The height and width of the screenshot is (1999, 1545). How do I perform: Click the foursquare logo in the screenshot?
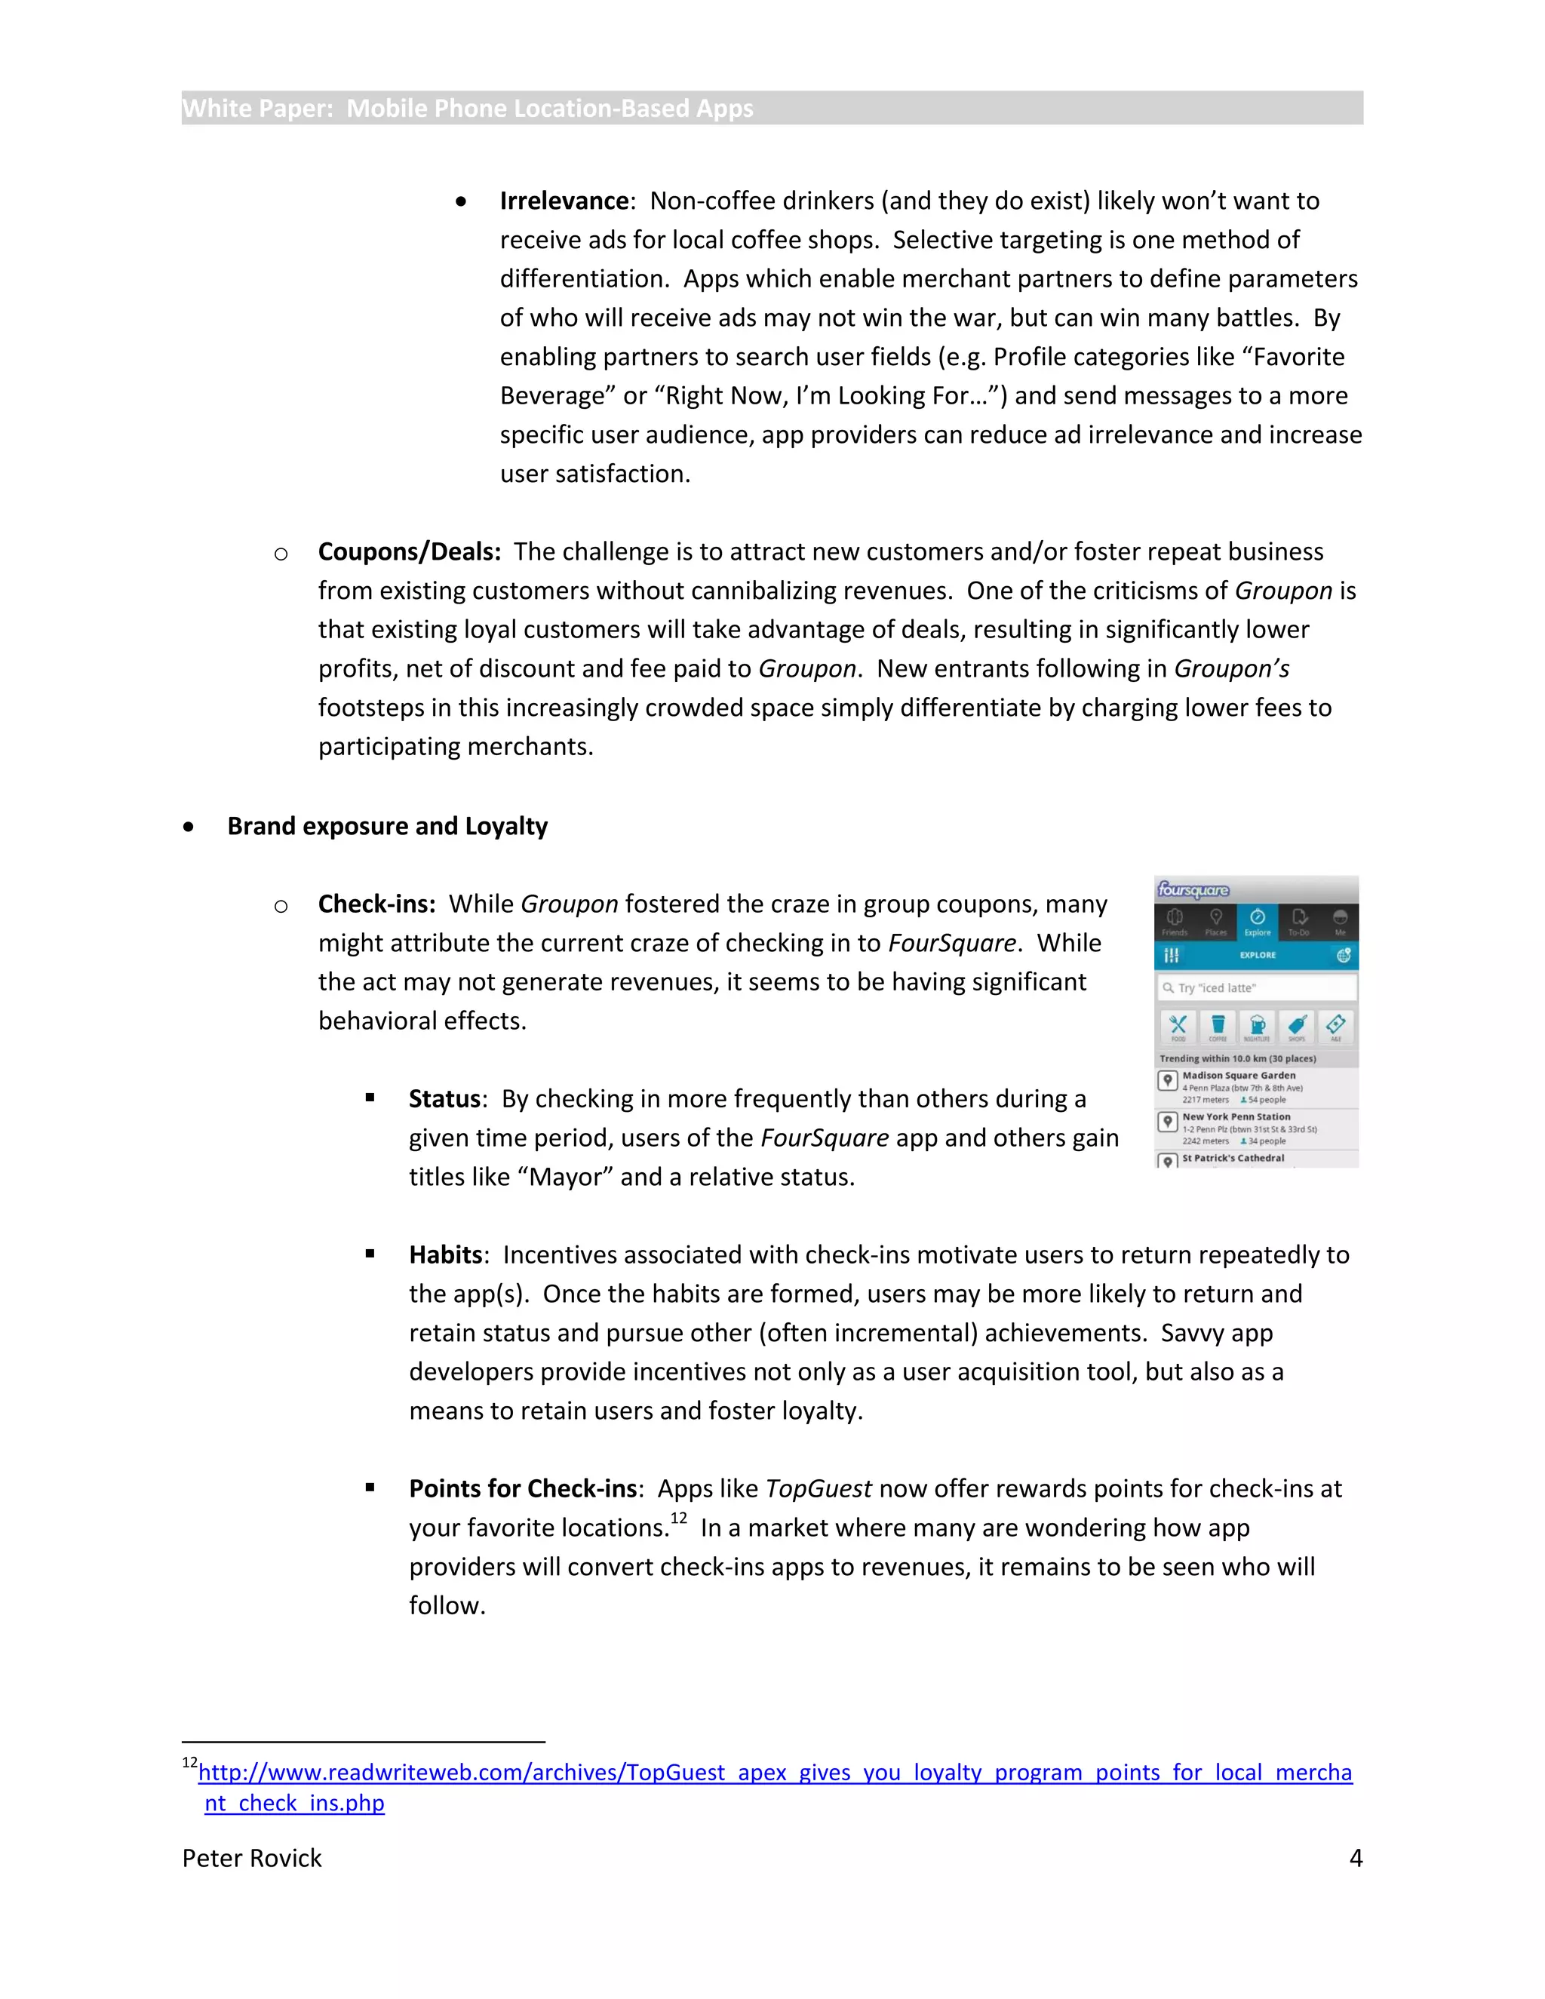tap(1193, 889)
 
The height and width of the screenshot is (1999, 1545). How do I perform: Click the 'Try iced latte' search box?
tap(1257, 987)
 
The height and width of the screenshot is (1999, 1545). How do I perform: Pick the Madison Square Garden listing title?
tap(1239, 1076)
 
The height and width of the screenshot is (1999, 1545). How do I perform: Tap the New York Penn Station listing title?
tap(1236, 1116)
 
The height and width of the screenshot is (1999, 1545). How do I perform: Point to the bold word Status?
tap(445, 1098)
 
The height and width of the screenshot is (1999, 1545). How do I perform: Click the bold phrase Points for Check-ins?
tap(523, 1488)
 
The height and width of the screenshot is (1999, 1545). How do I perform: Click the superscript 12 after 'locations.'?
tap(678, 1518)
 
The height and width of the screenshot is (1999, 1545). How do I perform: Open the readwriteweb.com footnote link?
tap(774, 1773)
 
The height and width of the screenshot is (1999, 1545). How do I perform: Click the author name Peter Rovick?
tap(252, 1858)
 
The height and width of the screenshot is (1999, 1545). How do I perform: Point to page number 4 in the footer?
tap(1356, 1858)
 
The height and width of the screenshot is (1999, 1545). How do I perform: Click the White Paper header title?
tap(468, 108)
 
